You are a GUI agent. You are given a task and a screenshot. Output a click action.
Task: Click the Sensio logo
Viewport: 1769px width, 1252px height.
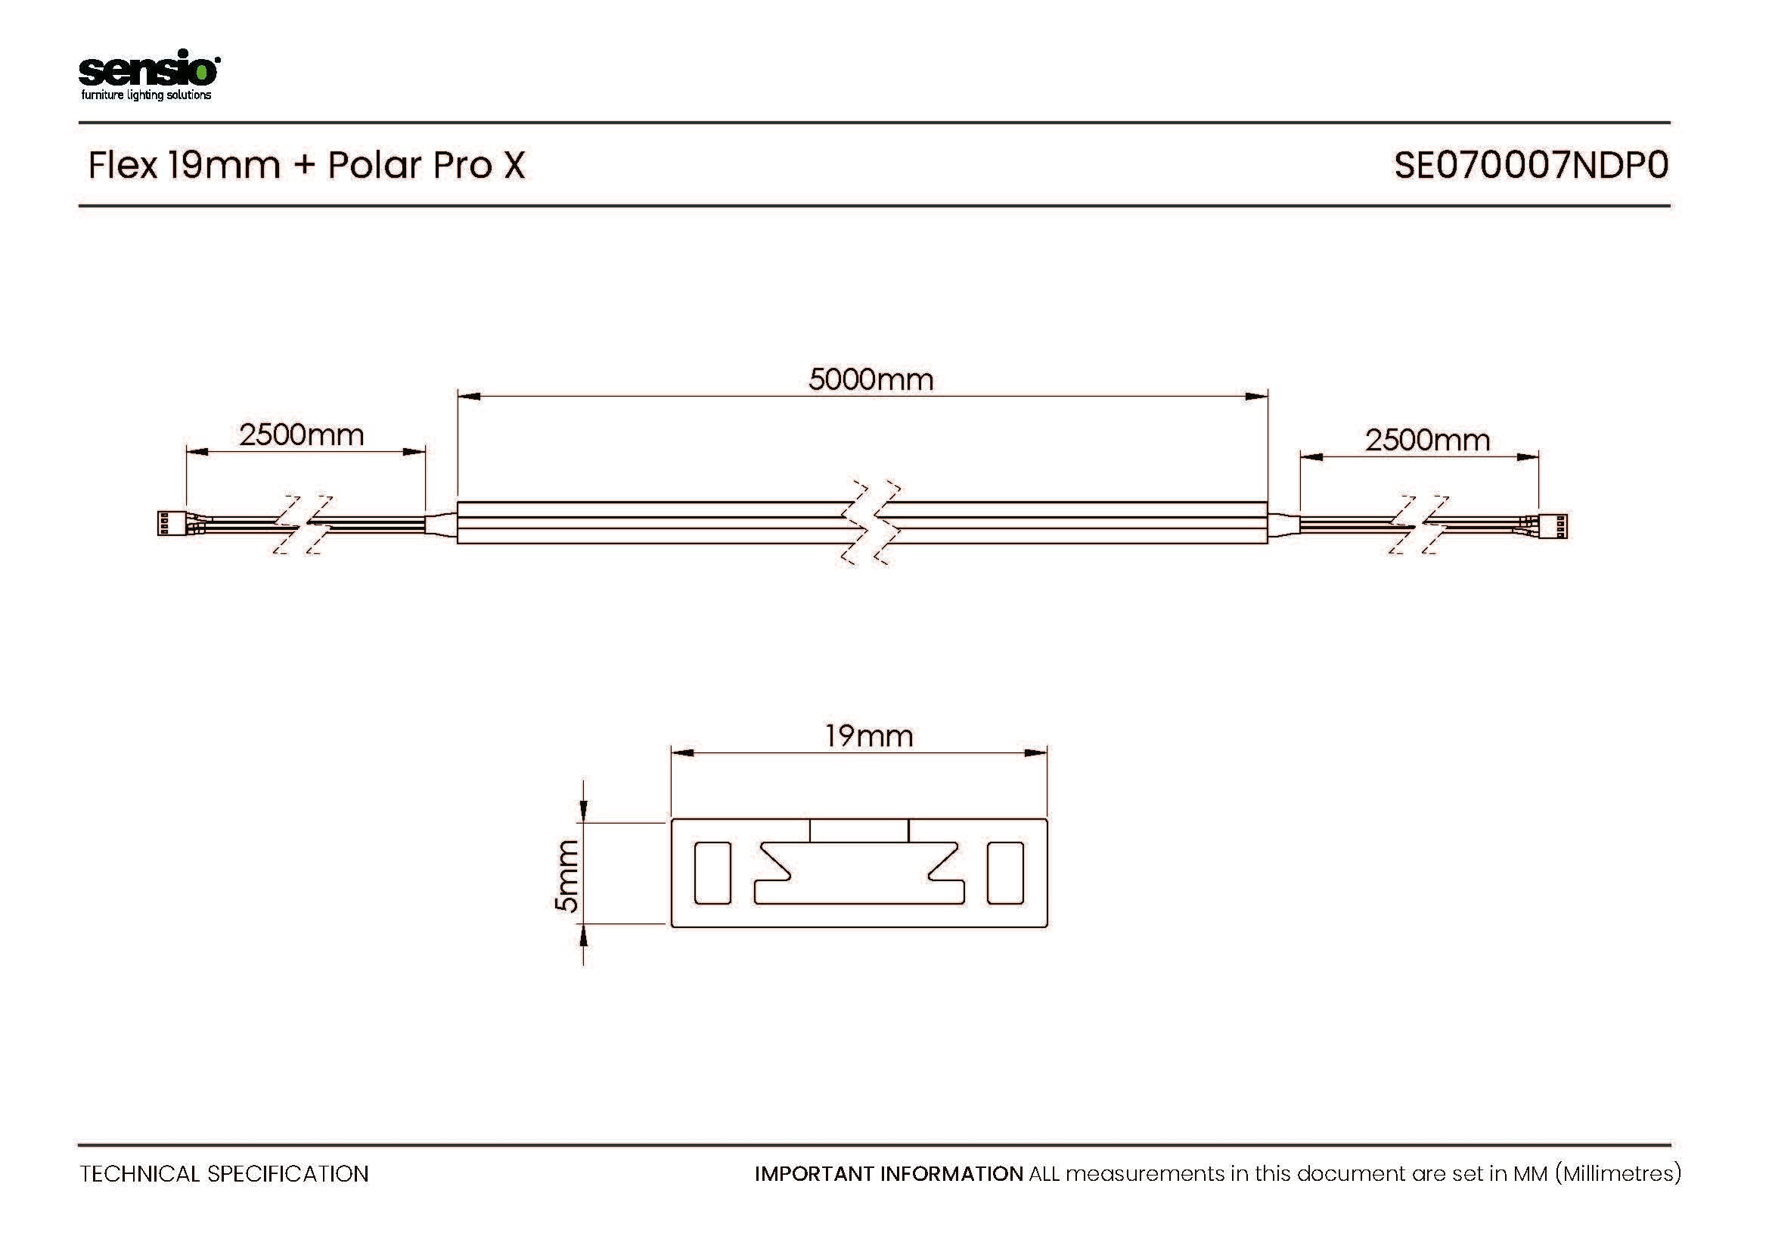point(149,75)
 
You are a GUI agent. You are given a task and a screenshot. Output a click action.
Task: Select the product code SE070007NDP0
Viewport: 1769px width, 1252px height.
point(1531,165)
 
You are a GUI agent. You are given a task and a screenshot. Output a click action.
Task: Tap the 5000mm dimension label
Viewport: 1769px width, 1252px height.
point(871,379)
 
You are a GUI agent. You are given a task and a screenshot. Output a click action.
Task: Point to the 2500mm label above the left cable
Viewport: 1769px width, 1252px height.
point(301,434)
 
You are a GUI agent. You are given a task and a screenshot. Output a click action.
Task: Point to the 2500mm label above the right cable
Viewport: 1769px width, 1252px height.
point(1428,441)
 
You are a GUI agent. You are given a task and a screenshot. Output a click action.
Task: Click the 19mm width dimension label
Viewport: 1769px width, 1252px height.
point(869,737)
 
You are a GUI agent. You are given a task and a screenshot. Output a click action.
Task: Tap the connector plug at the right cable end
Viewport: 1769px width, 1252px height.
point(1553,526)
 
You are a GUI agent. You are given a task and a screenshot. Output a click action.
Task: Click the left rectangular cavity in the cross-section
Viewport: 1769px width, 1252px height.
point(712,873)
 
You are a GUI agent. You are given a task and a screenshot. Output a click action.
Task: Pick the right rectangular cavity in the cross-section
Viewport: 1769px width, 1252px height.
point(1005,873)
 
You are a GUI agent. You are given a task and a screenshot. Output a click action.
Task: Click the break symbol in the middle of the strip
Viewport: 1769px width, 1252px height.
point(871,524)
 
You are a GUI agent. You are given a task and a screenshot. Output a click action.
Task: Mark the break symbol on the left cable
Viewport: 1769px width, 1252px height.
point(303,525)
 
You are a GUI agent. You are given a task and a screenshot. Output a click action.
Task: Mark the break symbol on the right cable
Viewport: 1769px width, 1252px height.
point(1419,525)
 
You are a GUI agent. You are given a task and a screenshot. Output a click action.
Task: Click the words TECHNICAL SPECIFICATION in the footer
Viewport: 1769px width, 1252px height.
point(224,1174)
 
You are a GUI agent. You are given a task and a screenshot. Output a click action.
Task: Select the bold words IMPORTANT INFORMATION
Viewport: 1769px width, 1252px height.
point(889,1174)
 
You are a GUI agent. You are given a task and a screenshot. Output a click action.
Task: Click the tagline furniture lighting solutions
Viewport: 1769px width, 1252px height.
point(147,95)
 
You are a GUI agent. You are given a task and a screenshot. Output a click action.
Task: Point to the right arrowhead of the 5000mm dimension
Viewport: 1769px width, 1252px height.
point(1257,396)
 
